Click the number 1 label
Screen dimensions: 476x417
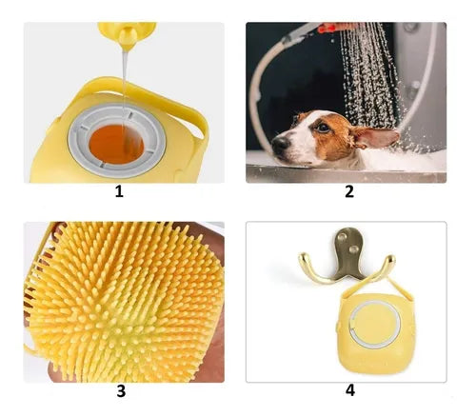119,191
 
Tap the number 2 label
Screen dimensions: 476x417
349,191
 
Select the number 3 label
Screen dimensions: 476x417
121,391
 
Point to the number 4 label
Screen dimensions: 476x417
350,390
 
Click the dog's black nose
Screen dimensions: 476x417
280,145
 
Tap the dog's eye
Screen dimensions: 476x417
323,129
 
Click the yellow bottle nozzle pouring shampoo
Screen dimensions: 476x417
127,35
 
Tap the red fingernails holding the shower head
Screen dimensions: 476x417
327,30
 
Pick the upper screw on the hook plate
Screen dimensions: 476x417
343,237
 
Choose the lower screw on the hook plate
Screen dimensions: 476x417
352,249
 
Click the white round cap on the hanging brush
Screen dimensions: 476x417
374,324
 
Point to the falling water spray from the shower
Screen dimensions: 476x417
369,79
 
